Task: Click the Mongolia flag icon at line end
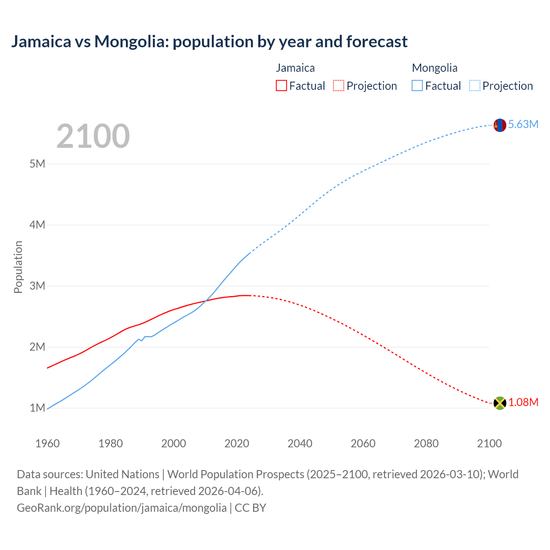pos(500,125)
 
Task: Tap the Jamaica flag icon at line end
pos(500,403)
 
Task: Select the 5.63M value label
pos(523,124)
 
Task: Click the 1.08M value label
pos(523,402)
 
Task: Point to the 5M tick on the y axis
pos(37,164)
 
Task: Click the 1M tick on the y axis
pos(37,408)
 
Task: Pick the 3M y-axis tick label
pos(37,286)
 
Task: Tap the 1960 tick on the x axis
pos(47,443)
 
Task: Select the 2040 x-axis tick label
pos(300,443)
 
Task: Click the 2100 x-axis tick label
pos(489,443)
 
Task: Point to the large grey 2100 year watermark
pos(93,136)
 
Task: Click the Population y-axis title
pos(18,267)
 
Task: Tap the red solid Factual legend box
pos(281,86)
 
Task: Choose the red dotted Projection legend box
pos(339,86)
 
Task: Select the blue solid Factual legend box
pos(417,86)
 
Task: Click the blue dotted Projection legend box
pos(475,86)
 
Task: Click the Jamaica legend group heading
pos(295,68)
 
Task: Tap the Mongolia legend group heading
pos(434,68)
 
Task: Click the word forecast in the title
pos(377,42)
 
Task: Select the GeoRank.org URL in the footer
pos(122,507)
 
